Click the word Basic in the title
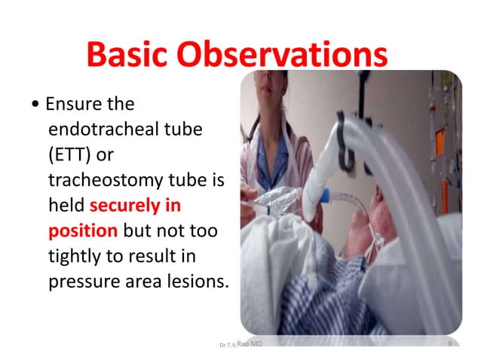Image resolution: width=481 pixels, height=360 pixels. [127, 54]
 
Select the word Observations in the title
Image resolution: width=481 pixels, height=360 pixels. [282, 54]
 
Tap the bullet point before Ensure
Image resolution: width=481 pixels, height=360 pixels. [35, 104]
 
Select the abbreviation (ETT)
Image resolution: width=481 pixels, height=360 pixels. [69, 154]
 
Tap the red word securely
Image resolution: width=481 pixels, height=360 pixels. [124, 206]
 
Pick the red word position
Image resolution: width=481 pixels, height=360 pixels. [83, 231]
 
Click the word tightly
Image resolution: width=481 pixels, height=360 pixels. [75, 256]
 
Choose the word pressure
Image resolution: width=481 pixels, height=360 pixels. [84, 282]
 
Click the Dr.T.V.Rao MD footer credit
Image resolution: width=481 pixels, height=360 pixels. [241, 344]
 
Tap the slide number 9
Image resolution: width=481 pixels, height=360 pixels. [450, 343]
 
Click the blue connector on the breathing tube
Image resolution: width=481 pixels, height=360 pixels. [325, 196]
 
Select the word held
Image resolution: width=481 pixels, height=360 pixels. [66, 205]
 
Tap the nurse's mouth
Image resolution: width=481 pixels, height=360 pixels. [265, 89]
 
